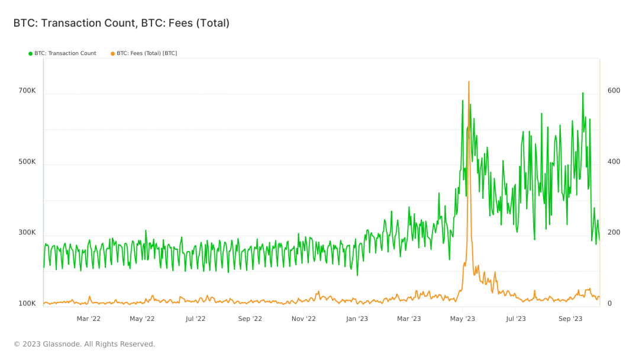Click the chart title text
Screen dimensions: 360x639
[121, 23]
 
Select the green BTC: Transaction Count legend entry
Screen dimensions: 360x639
[62, 53]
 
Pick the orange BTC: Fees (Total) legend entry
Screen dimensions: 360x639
[144, 53]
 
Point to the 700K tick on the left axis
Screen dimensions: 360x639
[27, 91]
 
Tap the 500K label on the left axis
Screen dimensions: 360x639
[27, 162]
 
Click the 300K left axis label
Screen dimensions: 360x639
[27, 233]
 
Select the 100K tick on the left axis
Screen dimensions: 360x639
[27, 304]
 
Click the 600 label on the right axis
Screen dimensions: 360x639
[614, 91]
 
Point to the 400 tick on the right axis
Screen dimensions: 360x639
[614, 162]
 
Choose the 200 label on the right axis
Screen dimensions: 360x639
[614, 233]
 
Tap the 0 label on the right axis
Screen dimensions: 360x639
[610, 304]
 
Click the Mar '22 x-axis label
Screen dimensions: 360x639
[89, 319]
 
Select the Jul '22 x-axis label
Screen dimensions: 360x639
[195, 319]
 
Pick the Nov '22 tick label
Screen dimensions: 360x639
[303, 319]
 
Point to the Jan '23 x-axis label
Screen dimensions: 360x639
[357, 319]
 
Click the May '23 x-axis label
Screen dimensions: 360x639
[462, 319]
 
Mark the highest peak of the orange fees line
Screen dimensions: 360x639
[469, 82]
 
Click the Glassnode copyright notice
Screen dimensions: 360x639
[84, 344]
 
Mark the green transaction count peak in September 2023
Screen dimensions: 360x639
[583, 93]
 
